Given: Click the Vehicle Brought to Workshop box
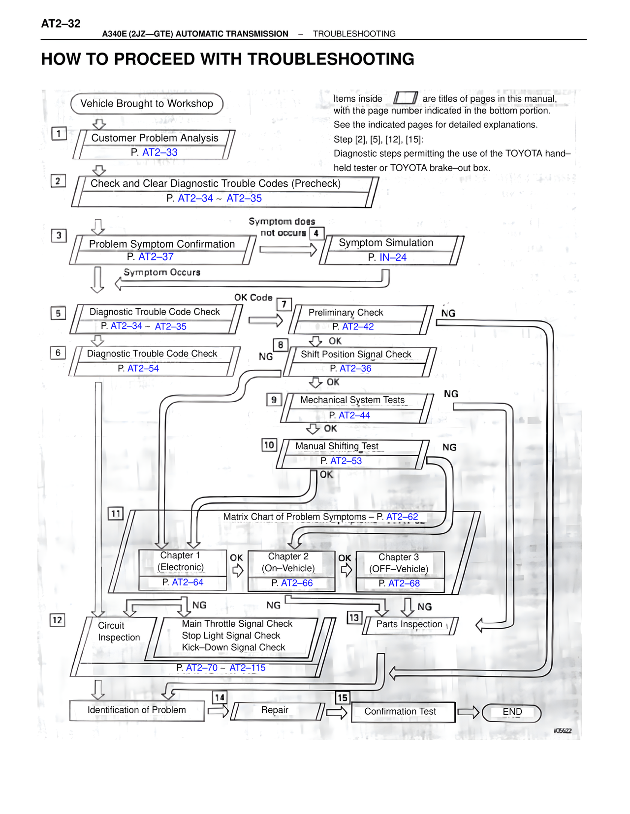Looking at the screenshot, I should (x=147, y=104).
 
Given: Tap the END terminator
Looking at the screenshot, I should (x=511, y=712).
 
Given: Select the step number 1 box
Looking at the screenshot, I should (x=59, y=133).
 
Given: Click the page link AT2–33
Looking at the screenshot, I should (x=159, y=152).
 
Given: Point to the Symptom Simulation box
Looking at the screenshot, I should (x=391, y=250).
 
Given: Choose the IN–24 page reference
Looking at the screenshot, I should (x=393, y=257).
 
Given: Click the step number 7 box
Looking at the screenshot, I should (x=284, y=305).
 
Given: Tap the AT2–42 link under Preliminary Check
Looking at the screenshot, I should (x=358, y=326).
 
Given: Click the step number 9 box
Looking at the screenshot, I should (x=274, y=400).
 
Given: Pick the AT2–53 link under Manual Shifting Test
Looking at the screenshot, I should (x=346, y=461).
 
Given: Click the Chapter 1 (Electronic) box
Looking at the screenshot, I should (x=183, y=569).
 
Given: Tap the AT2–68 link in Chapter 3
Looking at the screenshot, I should (x=404, y=583).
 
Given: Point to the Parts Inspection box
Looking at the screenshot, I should (x=410, y=625).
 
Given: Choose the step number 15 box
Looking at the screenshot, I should (x=343, y=697).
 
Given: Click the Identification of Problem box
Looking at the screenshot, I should (x=137, y=711).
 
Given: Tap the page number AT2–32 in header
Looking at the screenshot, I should (x=61, y=24).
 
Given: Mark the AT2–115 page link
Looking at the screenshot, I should (x=248, y=668).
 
